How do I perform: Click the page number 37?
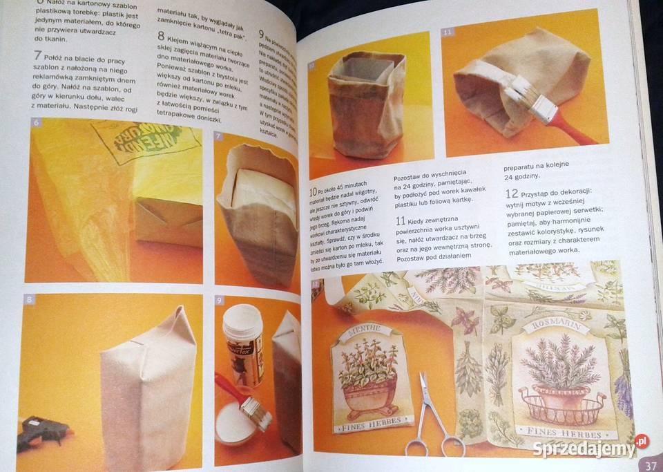click(x=650, y=465)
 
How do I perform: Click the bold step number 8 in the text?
click(x=161, y=37)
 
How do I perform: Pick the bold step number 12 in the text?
click(x=512, y=193)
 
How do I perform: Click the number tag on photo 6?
click(x=37, y=123)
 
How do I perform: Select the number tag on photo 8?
click(x=29, y=299)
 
